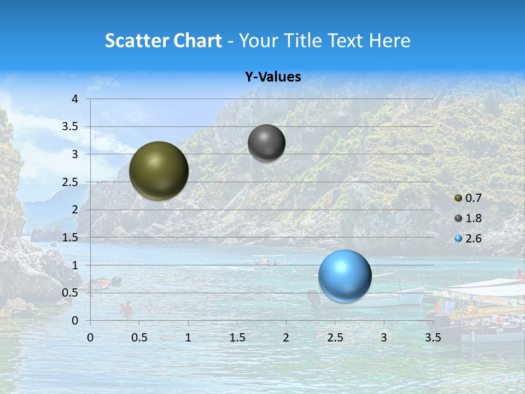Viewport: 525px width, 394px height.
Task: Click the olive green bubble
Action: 159,171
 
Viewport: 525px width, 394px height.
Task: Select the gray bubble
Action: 266,143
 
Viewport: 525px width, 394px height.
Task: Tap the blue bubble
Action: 345,276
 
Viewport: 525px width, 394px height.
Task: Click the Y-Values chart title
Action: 272,77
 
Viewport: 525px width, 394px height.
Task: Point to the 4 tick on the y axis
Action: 75,99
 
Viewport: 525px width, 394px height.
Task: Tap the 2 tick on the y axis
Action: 75,210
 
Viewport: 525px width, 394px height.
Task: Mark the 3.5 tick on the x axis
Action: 433,338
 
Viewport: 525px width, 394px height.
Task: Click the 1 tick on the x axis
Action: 188,338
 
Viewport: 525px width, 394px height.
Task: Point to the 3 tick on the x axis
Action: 384,338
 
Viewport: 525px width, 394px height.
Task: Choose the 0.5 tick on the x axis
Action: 139,338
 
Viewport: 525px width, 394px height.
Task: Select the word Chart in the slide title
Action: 197,40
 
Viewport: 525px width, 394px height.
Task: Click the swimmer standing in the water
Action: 127,309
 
